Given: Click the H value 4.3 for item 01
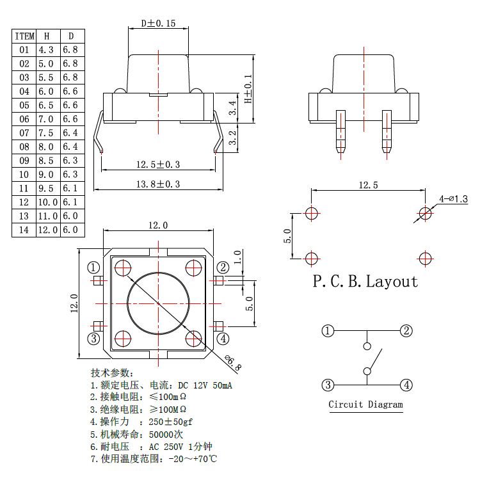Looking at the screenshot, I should coord(46,49).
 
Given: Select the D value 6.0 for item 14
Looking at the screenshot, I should coord(70,230).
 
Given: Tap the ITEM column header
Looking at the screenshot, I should coord(24,36).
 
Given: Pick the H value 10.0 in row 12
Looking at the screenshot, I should coord(46,202).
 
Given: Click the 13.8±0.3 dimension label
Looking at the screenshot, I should coord(158,184).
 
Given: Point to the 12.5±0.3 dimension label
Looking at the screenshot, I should coord(158,164).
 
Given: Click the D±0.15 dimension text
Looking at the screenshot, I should coord(158,24).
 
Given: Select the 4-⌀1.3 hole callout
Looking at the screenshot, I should coord(454,199).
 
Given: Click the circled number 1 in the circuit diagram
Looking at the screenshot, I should coord(328,331).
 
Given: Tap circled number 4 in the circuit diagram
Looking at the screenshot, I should coord(406,385).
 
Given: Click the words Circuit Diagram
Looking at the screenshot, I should coord(366,404).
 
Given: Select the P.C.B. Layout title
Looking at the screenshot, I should coord(365,281).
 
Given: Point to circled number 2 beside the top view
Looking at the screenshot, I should coord(222,267).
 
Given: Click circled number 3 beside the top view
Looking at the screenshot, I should coord(94,338).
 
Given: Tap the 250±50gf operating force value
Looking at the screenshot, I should coord(171,422).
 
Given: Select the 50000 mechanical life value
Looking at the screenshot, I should coord(167,435).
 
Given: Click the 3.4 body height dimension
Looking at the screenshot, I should coord(233,106).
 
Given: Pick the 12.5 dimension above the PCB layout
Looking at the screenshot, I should coord(368,185).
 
